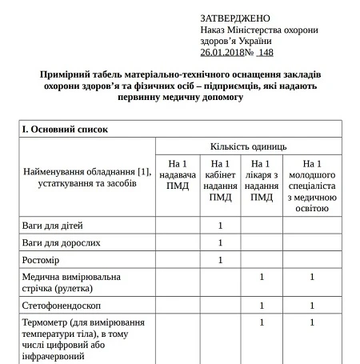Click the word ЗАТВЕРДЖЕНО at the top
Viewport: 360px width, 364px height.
pyautogui.click(x=235, y=18)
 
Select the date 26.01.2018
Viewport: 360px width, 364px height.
pyautogui.click(x=226, y=52)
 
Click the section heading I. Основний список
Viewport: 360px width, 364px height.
pyautogui.click(x=65, y=128)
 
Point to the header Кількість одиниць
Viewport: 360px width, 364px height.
pyautogui.click(x=248, y=146)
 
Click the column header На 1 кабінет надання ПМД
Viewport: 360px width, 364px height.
pyautogui.click(x=220, y=180)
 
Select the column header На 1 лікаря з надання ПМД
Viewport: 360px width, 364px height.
pyautogui.click(x=262, y=180)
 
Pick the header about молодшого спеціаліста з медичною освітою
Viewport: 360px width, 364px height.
pyautogui.click(x=312, y=186)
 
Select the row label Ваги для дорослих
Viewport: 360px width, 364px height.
pyautogui.click(x=61, y=242)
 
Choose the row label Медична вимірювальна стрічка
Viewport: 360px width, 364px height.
pyautogui.click(x=72, y=282)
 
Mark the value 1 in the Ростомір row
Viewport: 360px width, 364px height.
pyautogui.click(x=220, y=260)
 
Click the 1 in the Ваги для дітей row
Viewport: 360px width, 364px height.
pyautogui.click(x=220, y=225)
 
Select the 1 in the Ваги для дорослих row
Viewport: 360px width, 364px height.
pyautogui.click(x=220, y=242)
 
